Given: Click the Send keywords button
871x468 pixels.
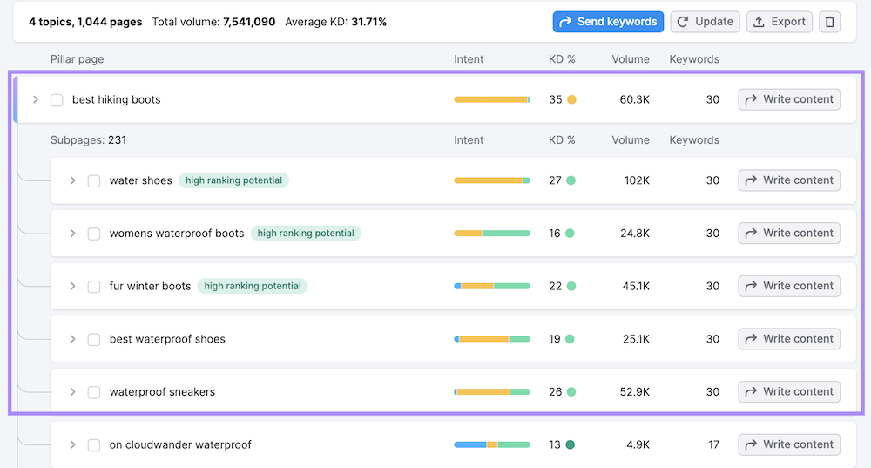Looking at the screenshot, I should [x=608, y=22].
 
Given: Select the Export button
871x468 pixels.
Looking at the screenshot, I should [x=780, y=22].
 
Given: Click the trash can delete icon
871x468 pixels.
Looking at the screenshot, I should [x=829, y=22].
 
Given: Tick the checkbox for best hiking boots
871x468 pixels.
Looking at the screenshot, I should [x=57, y=100].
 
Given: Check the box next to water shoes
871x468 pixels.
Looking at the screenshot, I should [x=94, y=180].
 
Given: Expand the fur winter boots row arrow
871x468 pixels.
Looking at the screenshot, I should [x=73, y=286].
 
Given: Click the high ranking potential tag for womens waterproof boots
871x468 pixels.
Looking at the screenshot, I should [x=306, y=234].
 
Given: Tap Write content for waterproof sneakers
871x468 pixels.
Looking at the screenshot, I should [x=789, y=392].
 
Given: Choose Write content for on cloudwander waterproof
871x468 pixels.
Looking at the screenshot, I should [x=789, y=444].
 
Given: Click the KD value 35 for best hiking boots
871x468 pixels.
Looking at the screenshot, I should [x=556, y=100].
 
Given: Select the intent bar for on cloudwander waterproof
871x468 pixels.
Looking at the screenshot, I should [x=491, y=444].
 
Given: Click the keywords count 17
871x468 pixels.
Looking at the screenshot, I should [x=713, y=444].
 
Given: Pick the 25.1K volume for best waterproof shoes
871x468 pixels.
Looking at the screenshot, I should [x=636, y=339].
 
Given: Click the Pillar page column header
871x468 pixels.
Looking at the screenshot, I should [x=77, y=59].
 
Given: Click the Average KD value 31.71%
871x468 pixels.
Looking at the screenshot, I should [x=368, y=22].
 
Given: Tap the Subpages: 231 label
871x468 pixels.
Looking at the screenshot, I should [x=89, y=140].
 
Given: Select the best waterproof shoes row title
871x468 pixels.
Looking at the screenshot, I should [x=167, y=339].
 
